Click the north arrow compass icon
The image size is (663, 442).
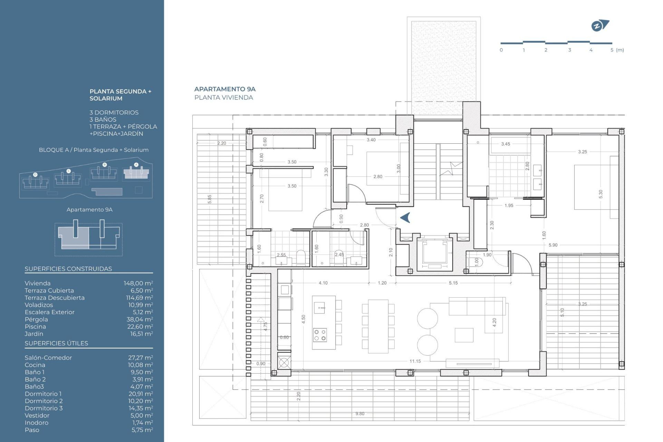[600, 26]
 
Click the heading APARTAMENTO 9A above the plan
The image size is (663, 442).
[225, 89]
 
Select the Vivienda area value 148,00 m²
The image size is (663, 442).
[138, 283]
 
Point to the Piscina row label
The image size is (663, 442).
[35, 327]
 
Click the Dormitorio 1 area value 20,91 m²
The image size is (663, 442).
[141, 394]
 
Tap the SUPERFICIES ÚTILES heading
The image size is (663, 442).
[56, 343]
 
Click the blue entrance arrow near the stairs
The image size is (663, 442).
[405, 218]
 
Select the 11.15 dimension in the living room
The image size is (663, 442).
[415, 361]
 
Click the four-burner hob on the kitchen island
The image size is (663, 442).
[320, 335]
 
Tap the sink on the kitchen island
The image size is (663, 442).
[320, 307]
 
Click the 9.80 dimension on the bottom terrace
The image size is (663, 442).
[360, 414]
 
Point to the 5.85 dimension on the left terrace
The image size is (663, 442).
[210, 199]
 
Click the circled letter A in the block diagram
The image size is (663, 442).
[136, 165]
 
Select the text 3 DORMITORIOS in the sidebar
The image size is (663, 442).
[114, 113]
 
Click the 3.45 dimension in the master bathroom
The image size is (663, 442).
[506, 144]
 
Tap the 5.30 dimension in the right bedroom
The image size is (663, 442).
[600, 194]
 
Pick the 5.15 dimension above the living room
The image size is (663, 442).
[453, 283]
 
